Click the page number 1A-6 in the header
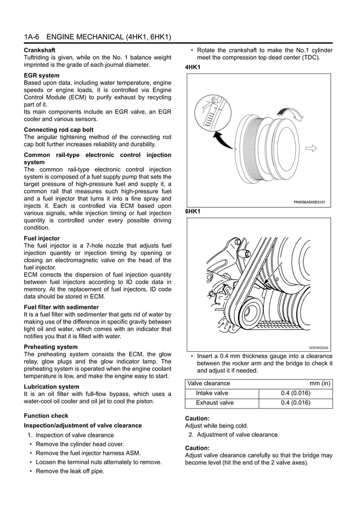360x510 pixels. click(x=32, y=37)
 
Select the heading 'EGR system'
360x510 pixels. click(x=41, y=75)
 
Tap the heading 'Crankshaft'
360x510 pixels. click(x=39, y=50)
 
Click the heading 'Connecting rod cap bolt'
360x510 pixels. click(x=59, y=130)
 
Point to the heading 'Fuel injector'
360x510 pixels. click(x=43, y=238)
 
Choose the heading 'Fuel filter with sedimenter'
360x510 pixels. click(x=61, y=307)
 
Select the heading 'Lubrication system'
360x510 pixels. click(x=51, y=387)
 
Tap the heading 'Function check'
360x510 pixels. click(x=46, y=416)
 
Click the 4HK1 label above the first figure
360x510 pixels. click(x=192, y=67)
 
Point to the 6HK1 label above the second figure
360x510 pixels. click(x=192, y=212)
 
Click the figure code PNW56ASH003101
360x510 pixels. click(x=309, y=202)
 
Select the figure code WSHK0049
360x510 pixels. click(x=318, y=347)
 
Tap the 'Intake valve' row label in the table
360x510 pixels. click(x=212, y=393)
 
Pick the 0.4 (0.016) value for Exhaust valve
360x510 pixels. click(x=295, y=403)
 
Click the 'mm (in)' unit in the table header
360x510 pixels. click(x=320, y=383)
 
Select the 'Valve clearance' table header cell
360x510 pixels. click(x=209, y=383)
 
